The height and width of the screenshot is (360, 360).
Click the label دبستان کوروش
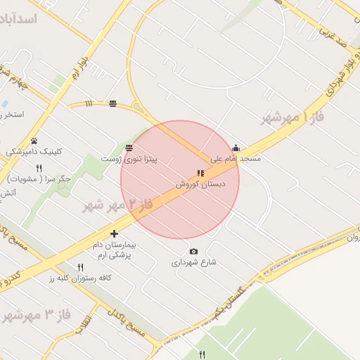tap(200, 184)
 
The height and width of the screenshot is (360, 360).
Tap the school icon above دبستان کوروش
tap(200, 173)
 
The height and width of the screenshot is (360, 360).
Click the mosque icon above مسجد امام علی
tap(236, 148)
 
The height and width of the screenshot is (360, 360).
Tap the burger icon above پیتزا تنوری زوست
tap(129, 148)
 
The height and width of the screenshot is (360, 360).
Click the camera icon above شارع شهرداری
tap(194, 252)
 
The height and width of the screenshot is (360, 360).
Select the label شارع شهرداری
tap(194, 263)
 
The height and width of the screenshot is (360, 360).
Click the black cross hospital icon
tap(115, 233)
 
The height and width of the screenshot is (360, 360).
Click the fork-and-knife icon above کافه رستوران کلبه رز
tap(80, 267)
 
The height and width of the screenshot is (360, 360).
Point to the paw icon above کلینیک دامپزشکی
tap(34, 141)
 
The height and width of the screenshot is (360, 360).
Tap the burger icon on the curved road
tap(113, 105)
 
